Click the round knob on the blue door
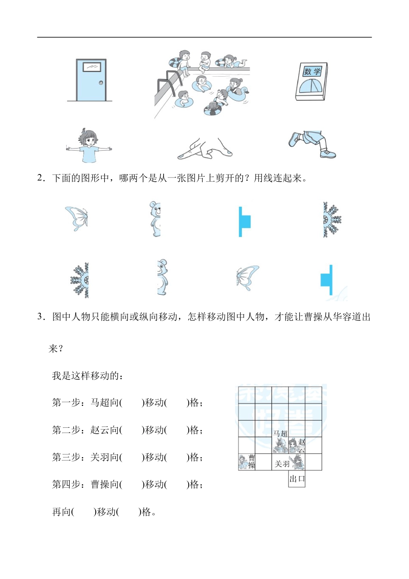coord(101,83)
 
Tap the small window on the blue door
coord(92,67)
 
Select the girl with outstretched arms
coord(89,146)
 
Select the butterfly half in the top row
coord(77,218)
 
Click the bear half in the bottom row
coord(162,277)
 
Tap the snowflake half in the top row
coord(332,219)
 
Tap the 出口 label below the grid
coord(297,479)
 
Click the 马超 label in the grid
coord(280,433)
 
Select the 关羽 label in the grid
coord(282,464)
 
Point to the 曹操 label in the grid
coord(252,461)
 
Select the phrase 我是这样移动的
coord(87,376)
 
